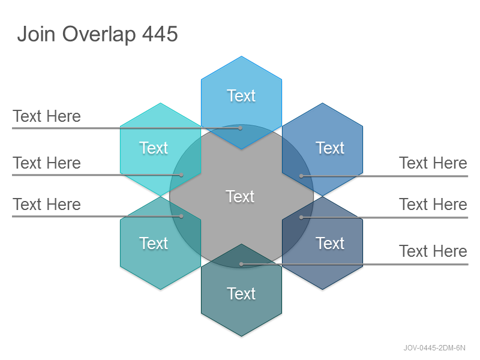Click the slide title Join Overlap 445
(97, 34)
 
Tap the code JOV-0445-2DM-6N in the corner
(434, 348)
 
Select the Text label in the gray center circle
(240, 196)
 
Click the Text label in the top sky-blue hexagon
(241, 96)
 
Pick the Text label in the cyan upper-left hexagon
(154, 148)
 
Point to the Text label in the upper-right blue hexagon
(330, 148)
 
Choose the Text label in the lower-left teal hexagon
(154, 244)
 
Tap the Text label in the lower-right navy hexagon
(330, 244)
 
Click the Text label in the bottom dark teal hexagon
(241, 294)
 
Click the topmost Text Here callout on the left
(47, 116)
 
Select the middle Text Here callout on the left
(47, 163)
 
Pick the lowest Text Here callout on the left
(47, 204)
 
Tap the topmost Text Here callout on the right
(433, 163)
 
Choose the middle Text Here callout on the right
(433, 204)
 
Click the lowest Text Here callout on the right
(433, 251)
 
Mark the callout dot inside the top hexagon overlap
(241, 128)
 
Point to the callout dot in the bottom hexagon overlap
(241, 264)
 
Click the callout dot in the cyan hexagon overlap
(181, 175)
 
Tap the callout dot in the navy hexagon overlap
(301, 217)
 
